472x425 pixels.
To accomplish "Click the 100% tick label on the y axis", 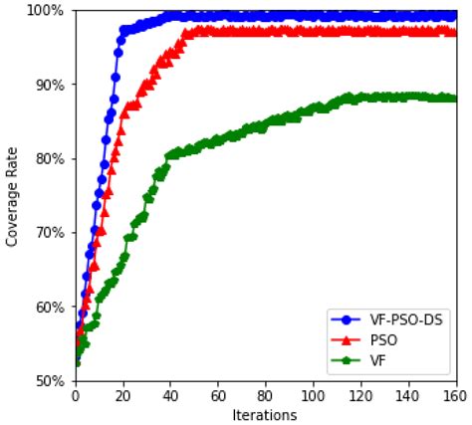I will point(48,11).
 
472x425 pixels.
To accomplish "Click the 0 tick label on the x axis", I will point(75,395).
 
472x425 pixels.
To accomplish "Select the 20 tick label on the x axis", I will point(122,395).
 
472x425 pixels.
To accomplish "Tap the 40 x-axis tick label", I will point(170,395).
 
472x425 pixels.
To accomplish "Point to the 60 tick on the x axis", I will point(218,395).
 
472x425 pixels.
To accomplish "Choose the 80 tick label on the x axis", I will point(266,395).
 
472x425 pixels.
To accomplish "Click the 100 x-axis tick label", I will point(314,395).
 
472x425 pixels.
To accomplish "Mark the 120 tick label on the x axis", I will point(361,395).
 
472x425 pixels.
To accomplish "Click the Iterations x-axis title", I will point(265,414).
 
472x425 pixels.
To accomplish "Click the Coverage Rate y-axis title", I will point(13,196).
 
